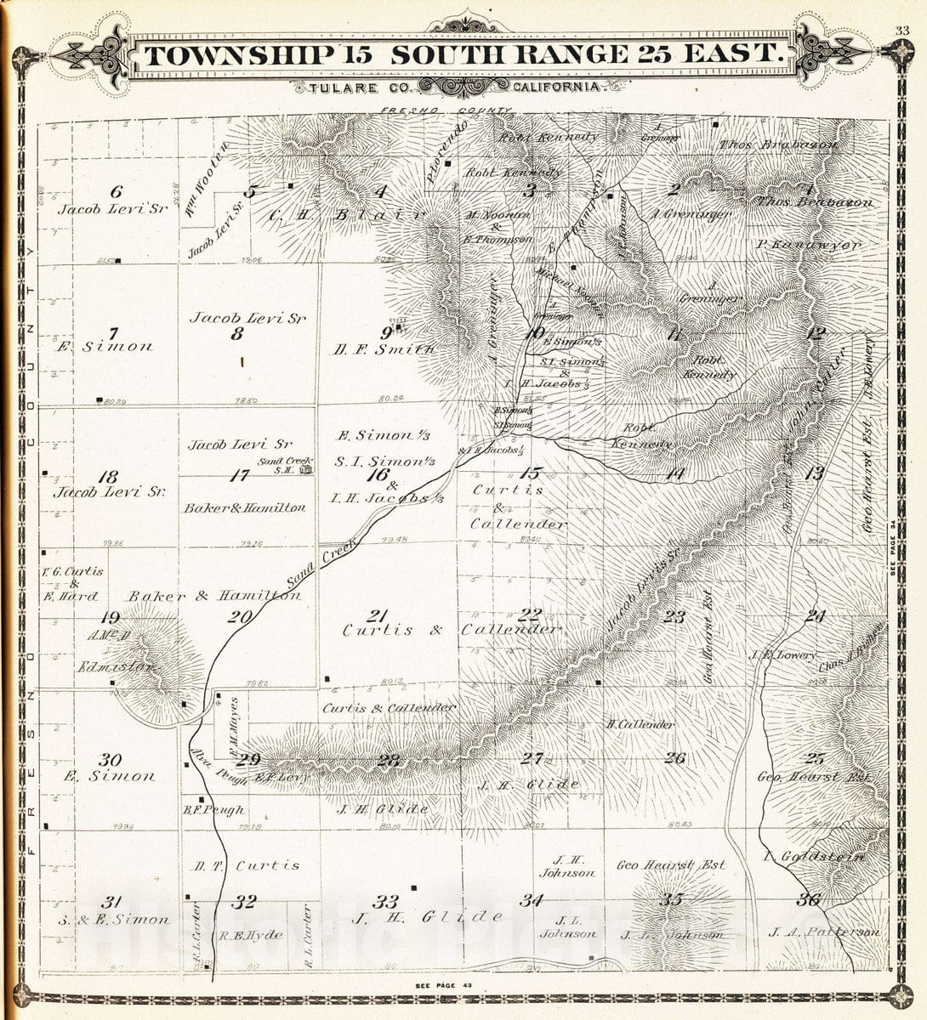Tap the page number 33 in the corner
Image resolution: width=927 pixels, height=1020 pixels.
tap(902, 31)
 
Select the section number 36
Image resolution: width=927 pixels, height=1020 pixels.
tap(808, 900)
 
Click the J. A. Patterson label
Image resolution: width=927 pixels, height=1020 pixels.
tap(822, 932)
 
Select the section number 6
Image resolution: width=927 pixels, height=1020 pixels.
tap(117, 191)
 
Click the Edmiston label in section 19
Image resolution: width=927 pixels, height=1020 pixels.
tap(116, 667)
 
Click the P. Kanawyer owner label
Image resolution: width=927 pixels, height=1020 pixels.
tap(808, 244)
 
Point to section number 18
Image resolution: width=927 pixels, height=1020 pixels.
tap(108, 477)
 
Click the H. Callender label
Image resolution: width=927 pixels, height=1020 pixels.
tap(640, 725)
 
